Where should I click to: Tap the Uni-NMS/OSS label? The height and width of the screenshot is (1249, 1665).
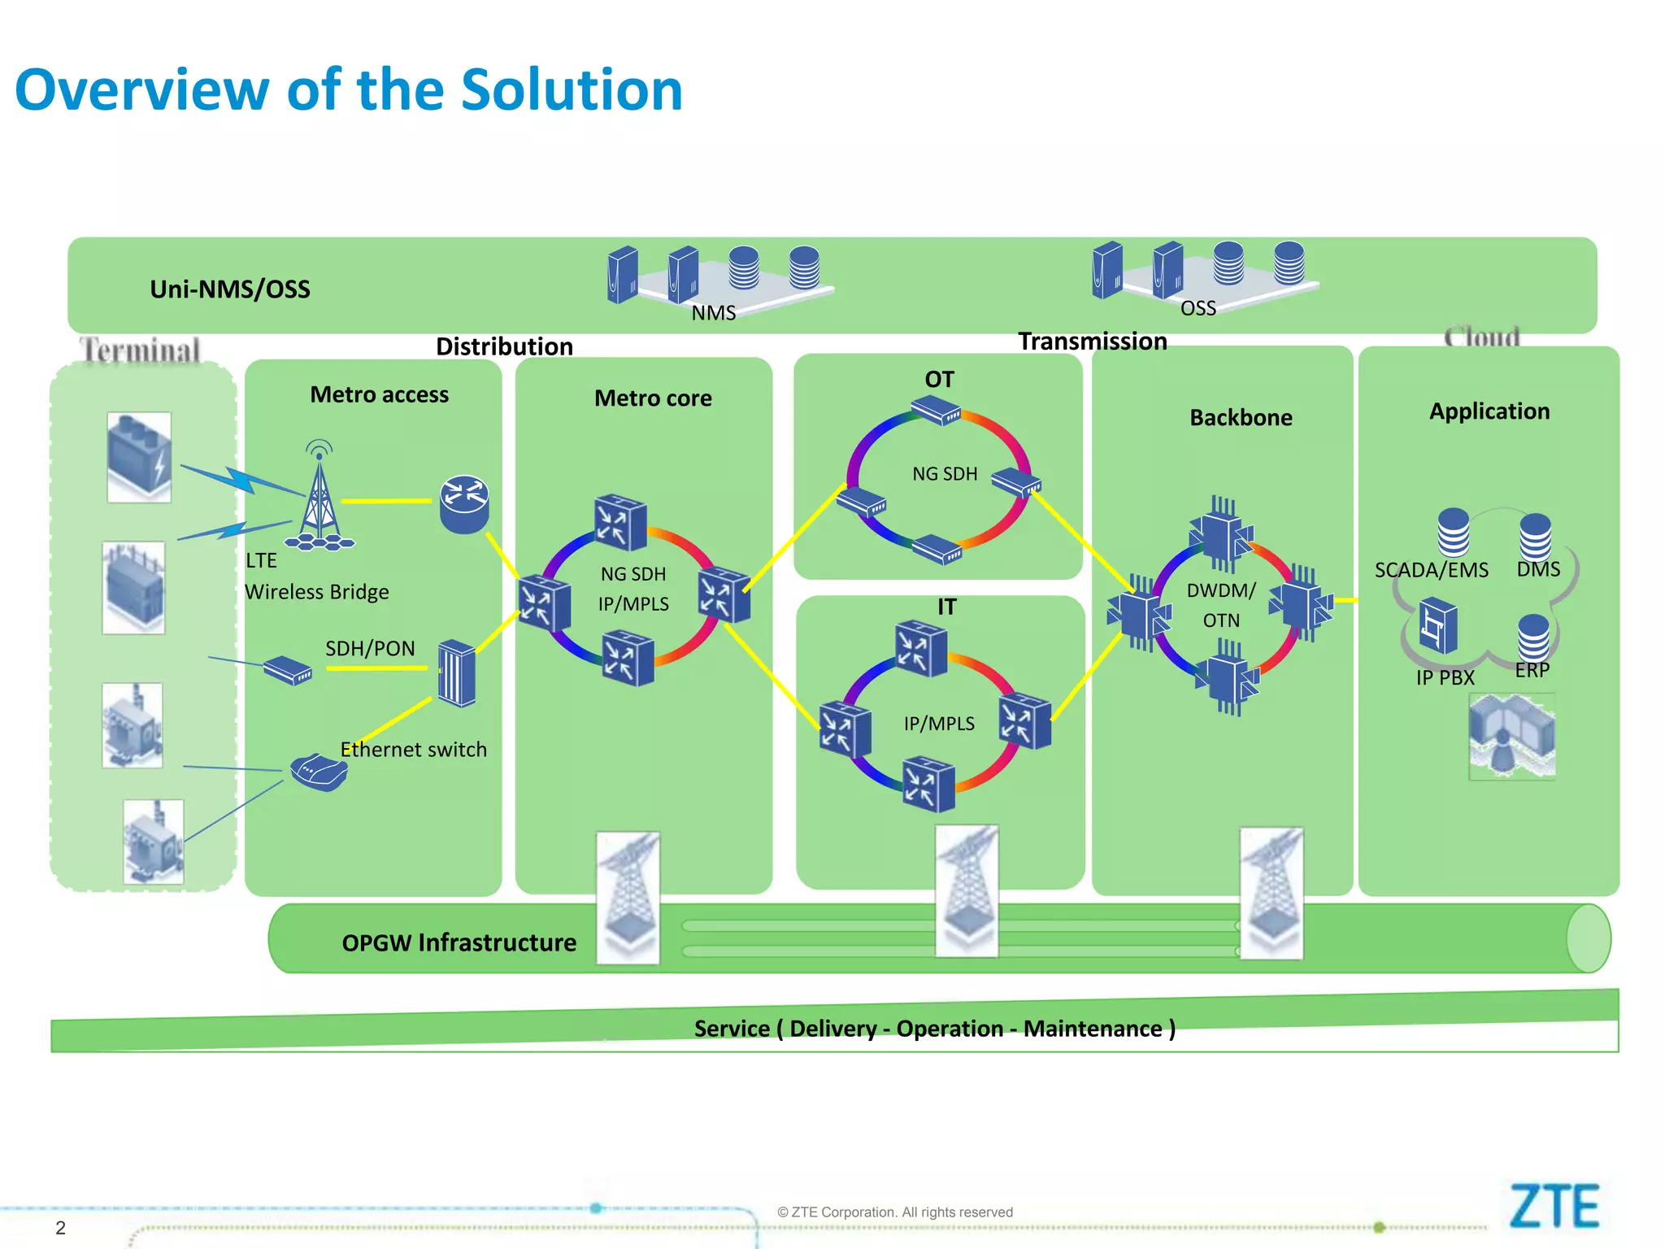(x=230, y=289)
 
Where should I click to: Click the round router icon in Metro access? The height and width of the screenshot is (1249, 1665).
(x=464, y=503)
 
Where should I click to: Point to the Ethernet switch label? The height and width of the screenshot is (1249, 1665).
(x=413, y=749)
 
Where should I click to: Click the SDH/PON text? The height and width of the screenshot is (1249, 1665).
(x=370, y=648)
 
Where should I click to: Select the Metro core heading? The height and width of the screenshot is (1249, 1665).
(x=653, y=398)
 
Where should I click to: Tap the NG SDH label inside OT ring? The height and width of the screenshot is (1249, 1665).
(x=944, y=473)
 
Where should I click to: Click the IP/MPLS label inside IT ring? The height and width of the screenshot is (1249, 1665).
(x=939, y=723)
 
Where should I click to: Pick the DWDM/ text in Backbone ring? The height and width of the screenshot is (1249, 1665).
(x=1221, y=590)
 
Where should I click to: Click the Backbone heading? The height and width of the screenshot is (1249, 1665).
(x=1241, y=417)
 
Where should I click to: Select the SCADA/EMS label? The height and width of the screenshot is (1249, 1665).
(x=1431, y=570)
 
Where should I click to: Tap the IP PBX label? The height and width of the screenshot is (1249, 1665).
(x=1445, y=677)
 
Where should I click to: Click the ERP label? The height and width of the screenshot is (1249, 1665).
(x=1532, y=670)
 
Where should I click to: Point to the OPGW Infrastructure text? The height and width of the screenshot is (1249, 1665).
(x=459, y=942)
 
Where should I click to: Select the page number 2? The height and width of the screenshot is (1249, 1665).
(x=60, y=1227)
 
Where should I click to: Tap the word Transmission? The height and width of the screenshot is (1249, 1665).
(x=1092, y=342)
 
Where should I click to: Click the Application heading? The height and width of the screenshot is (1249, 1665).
(x=1489, y=411)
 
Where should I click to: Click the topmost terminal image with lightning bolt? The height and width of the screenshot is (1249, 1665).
(x=139, y=456)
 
